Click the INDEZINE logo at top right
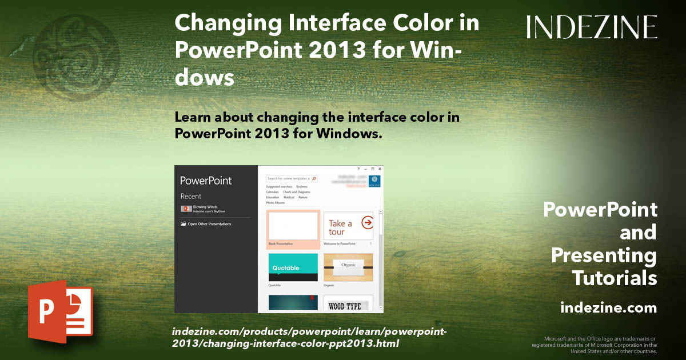point(592,27)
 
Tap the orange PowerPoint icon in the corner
point(60,311)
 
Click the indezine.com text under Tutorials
point(608,308)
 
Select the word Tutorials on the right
point(614,278)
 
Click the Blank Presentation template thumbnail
point(293,226)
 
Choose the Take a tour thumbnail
point(348,227)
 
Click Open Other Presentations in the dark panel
point(209,224)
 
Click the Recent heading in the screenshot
point(191,196)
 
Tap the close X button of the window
point(379,169)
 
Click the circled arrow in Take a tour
point(367,222)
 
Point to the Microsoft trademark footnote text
point(595,345)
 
